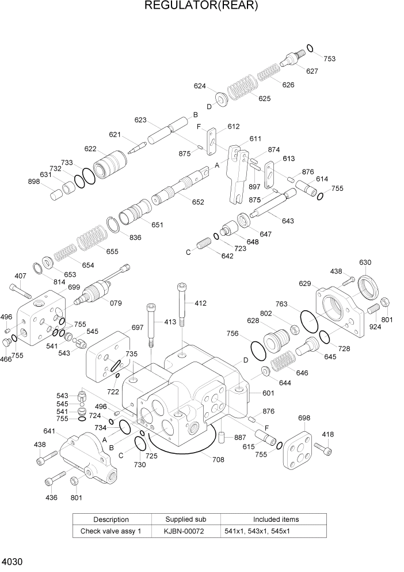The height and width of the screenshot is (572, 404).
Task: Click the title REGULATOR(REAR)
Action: [201, 6]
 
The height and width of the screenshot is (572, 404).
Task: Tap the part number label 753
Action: [329, 59]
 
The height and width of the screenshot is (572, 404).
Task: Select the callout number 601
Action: [268, 394]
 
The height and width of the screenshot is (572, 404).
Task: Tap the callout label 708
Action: [218, 460]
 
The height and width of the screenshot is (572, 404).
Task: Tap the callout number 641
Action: [49, 431]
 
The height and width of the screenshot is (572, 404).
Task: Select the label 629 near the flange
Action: [305, 284]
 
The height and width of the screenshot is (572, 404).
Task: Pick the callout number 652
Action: [198, 202]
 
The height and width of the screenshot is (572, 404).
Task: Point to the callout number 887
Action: [240, 438]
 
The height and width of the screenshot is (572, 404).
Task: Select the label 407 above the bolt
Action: [20, 276]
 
